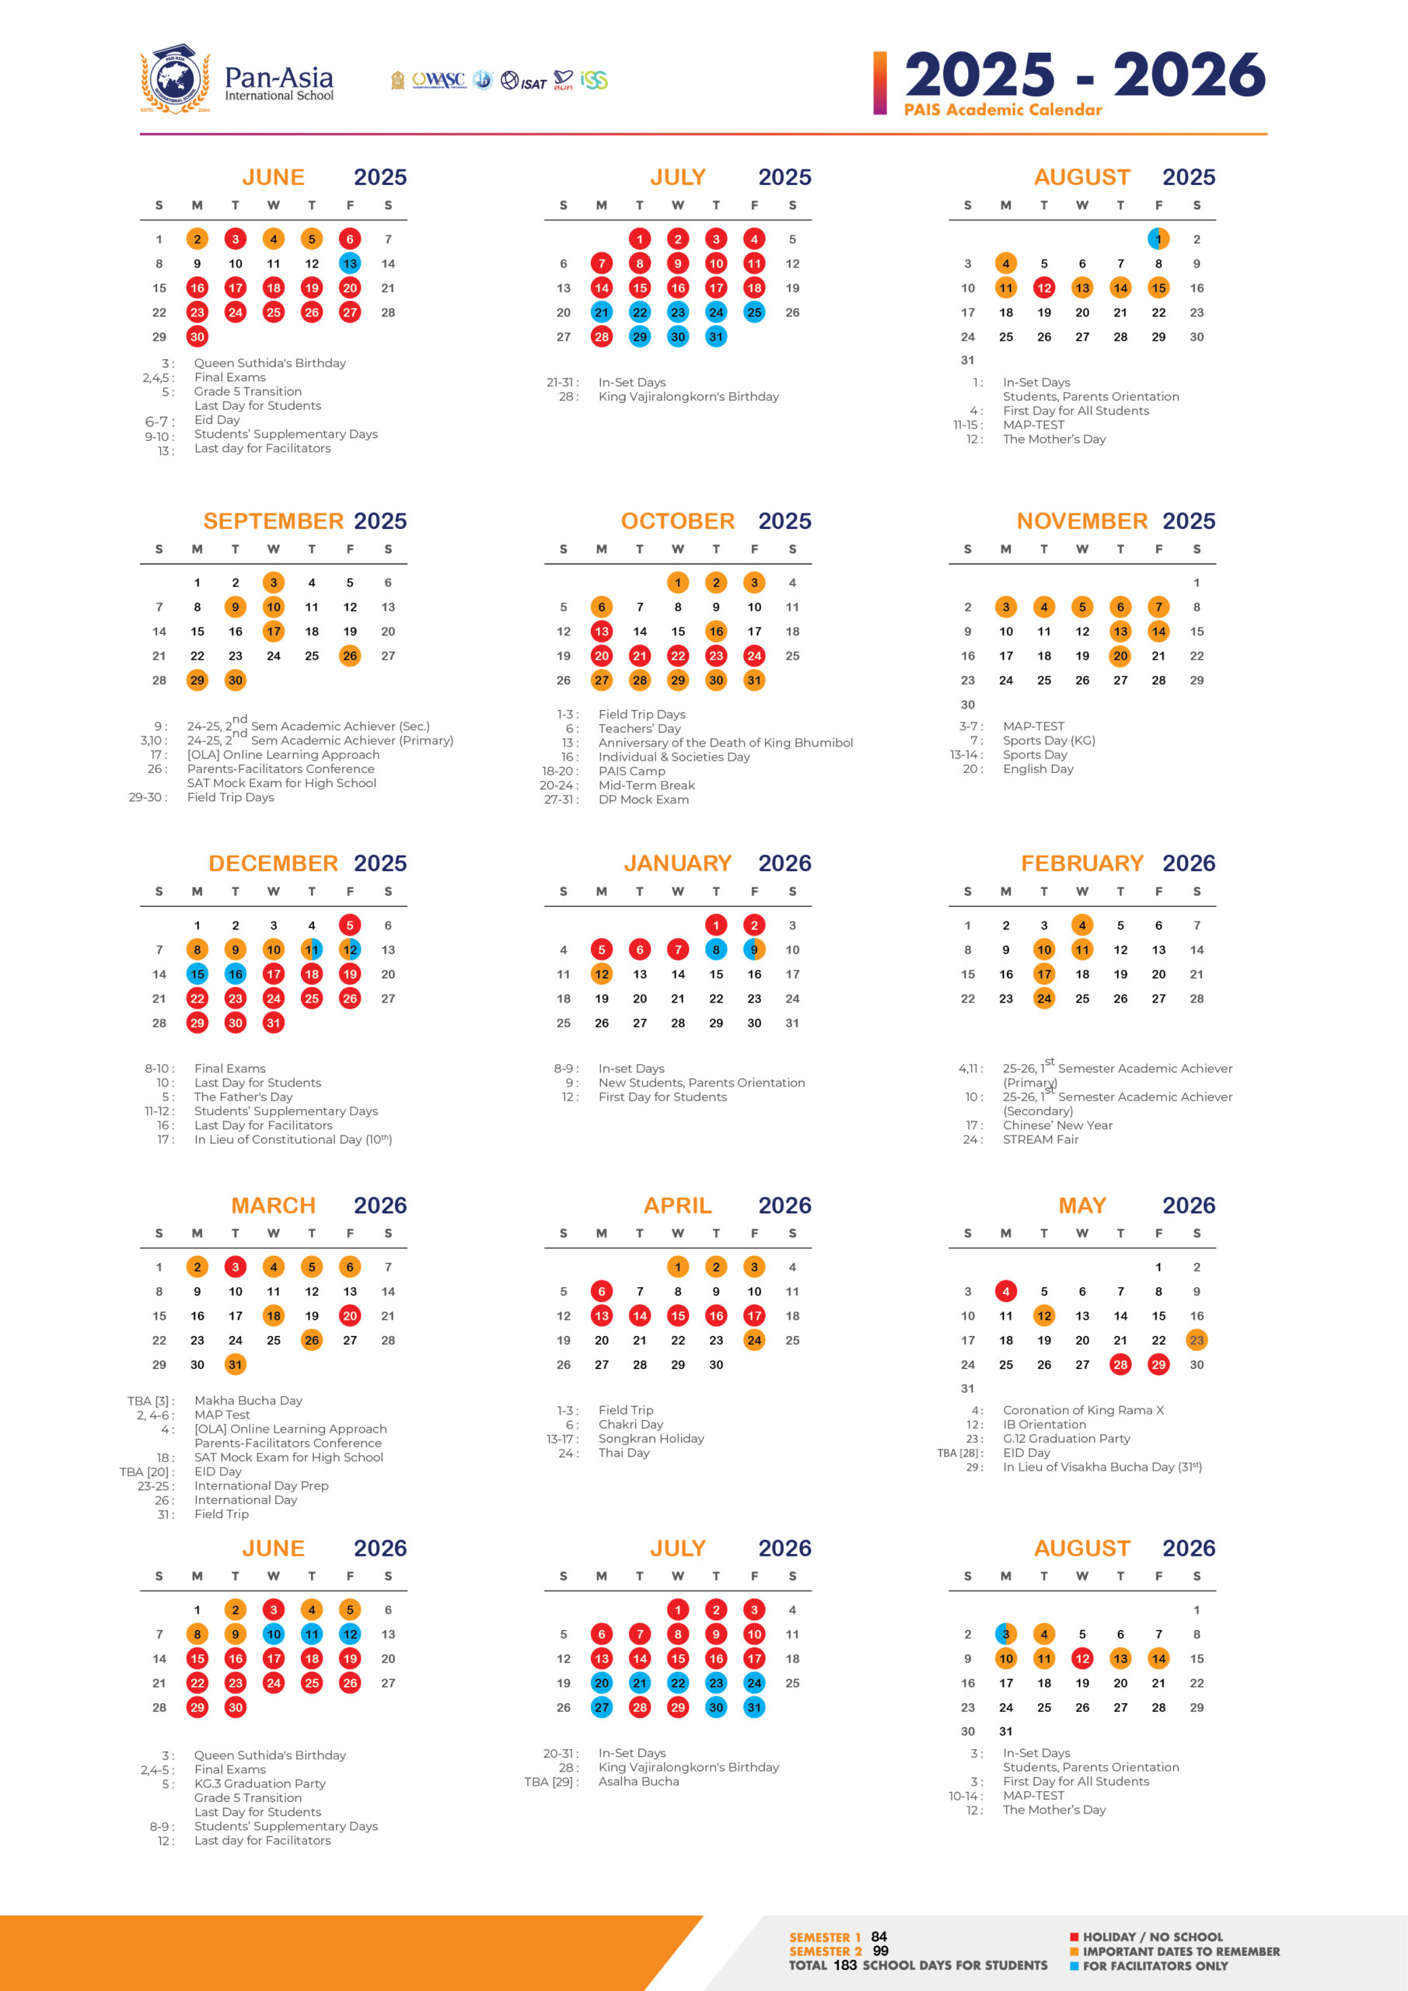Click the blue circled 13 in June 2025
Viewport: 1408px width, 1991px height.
pos(349,264)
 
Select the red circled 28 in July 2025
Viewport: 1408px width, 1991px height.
pos(602,337)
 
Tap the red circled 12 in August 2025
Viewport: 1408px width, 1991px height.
pos(1044,288)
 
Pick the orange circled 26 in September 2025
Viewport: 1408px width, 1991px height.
pos(349,656)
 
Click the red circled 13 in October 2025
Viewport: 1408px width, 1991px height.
pos(602,632)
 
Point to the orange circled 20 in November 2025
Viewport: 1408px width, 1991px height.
pos(1120,656)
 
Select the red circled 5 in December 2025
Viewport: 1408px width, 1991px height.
pos(349,926)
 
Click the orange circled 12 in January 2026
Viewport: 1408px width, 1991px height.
pos(602,974)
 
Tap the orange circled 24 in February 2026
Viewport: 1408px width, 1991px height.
pos(1044,998)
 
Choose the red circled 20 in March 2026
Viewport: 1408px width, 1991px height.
pos(349,1315)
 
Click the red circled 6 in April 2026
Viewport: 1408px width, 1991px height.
pos(602,1291)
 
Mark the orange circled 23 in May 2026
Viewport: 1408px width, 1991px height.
pos(1197,1340)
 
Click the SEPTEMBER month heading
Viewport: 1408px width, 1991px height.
pos(273,521)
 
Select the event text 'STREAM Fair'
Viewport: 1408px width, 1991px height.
pos(1040,1139)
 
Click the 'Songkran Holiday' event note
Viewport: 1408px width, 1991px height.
pos(651,1439)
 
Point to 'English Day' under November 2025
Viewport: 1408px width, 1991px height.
pos(1038,769)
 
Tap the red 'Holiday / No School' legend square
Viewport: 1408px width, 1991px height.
pos(1074,1937)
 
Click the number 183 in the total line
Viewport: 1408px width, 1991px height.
pos(845,1965)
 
